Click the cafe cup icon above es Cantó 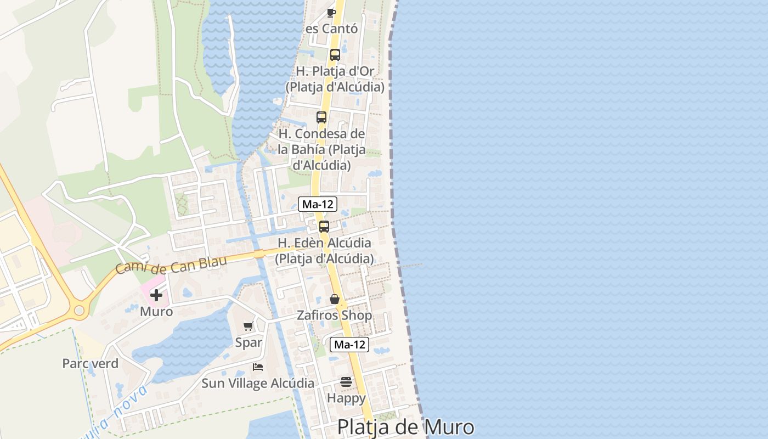point(331,12)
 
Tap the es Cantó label point(332,29)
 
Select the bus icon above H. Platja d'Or point(335,55)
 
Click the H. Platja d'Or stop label point(335,79)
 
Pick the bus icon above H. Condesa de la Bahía point(321,117)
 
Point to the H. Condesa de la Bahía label point(321,149)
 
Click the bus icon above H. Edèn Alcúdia point(324,227)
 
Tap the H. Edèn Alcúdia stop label point(324,250)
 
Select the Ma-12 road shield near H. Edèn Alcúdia point(318,205)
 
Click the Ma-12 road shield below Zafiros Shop point(349,345)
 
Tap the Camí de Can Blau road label point(171,264)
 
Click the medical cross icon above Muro point(156,295)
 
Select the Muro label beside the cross point(156,312)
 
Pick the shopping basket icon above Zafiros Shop point(334,299)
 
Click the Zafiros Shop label point(334,316)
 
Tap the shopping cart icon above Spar point(249,327)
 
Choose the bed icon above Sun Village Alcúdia point(258,367)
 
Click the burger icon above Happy point(346,381)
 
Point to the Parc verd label point(90,363)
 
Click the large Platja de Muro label point(405,427)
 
